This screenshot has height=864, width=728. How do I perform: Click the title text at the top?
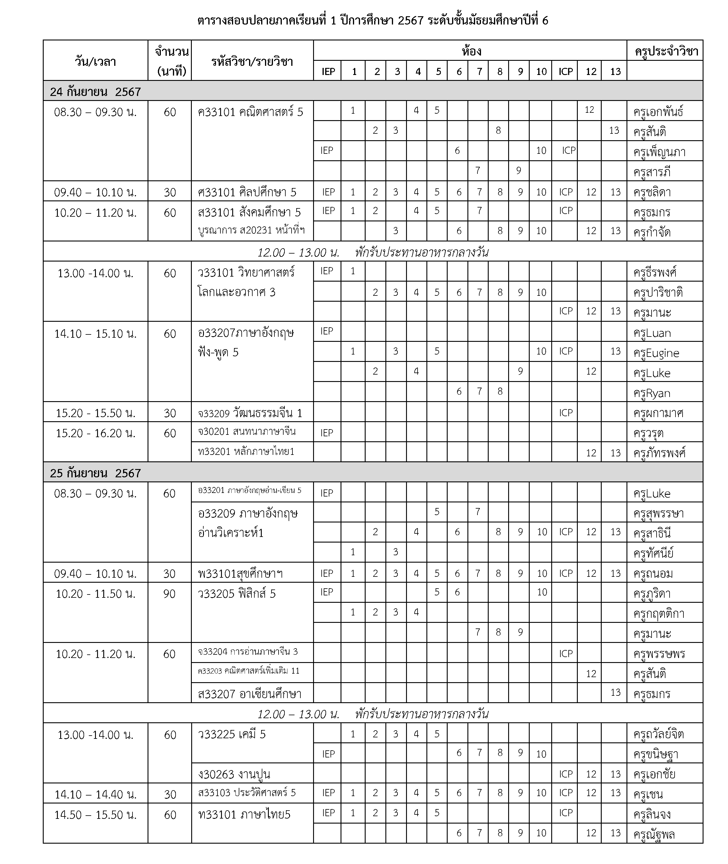373,21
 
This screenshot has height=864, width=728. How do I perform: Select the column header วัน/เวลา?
95,62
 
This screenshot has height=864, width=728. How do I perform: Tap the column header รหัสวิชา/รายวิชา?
252,62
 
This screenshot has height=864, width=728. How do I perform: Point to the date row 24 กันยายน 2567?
95,92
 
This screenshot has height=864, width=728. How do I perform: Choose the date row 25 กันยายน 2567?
95,473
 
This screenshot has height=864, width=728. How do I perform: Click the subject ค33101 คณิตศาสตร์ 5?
250,112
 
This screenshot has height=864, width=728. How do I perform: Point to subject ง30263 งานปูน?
234,774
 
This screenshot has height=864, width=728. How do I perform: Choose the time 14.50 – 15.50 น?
95,814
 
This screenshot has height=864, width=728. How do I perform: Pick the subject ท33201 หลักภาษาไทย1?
246,452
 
